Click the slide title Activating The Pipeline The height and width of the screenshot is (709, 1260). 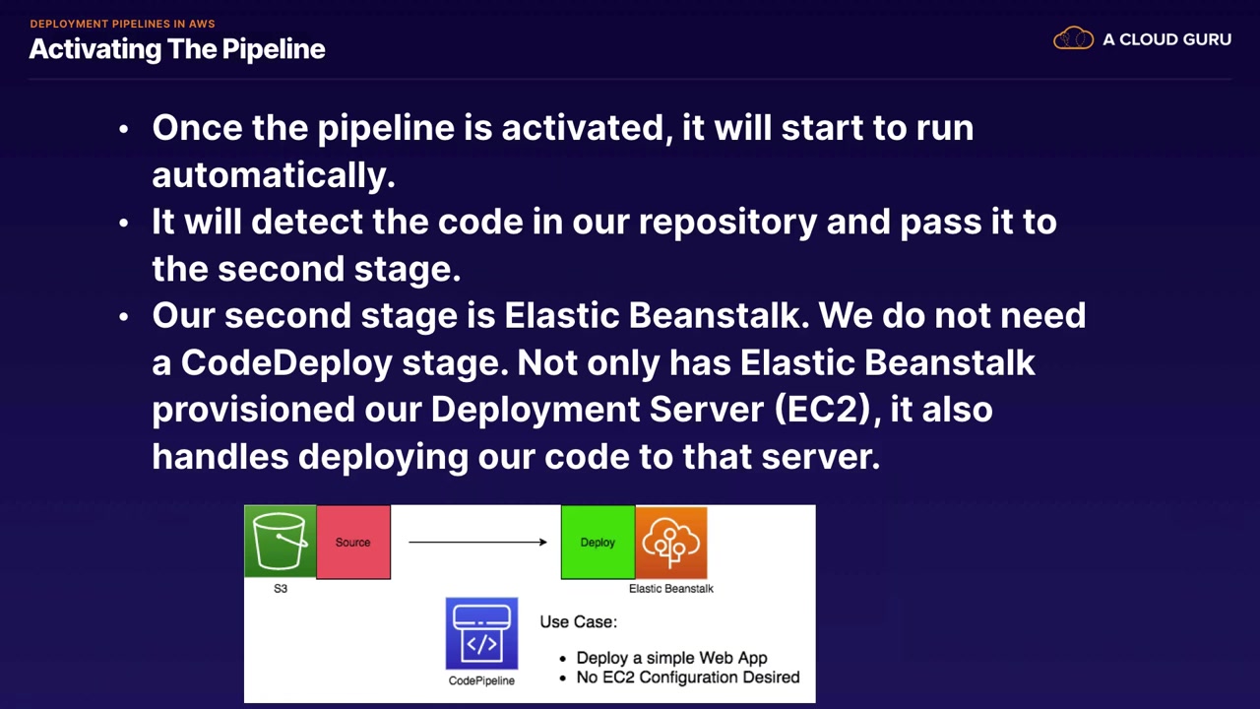tap(177, 49)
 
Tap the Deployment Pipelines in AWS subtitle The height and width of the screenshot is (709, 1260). tap(122, 24)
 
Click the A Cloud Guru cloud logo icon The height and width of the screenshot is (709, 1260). tap(1073, 39)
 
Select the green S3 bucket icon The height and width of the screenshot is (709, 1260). tap(281, 541)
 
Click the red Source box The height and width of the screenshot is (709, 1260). tap(353, 542)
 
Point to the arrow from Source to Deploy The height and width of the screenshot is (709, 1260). tap(477, 542)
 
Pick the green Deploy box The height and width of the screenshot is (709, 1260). tap(598, 542)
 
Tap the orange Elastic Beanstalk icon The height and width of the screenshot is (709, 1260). tap(671, 542)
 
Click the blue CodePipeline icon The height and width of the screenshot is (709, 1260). tap(481, 633)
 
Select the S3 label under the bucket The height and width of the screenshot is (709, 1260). tap(281, 589)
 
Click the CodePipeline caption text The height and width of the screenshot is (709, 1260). tap(481, 680)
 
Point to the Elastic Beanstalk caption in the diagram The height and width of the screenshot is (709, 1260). tap(671, 589)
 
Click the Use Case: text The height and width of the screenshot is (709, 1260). tap(578, 622)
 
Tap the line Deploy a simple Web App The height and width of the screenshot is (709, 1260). tap(671, 658)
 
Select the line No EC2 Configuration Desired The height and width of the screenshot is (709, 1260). tap(687, 677)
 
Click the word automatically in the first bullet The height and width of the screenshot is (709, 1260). tap(273, 175)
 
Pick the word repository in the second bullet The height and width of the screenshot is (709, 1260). tap(726, 222)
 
